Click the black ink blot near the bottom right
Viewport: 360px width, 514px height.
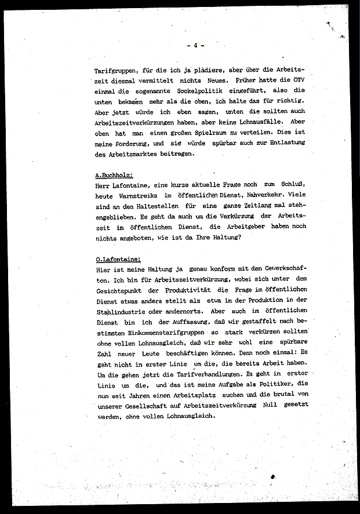[x=272, y=476]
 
